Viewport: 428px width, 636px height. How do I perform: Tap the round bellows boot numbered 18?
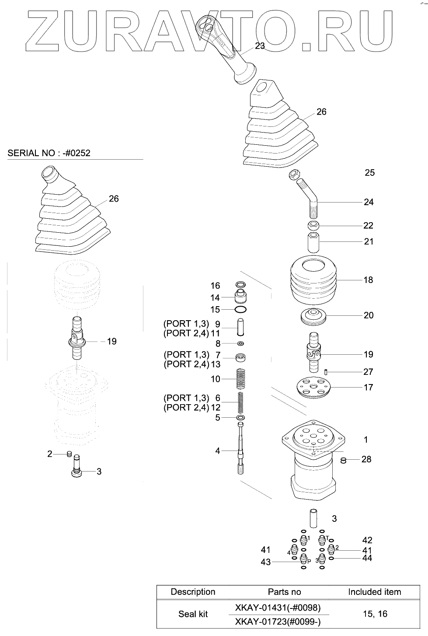313,280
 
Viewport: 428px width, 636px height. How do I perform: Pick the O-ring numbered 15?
240,310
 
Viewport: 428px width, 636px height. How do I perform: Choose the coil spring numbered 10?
240,379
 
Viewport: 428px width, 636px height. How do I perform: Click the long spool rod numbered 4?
240,451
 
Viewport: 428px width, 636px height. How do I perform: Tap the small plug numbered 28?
344,459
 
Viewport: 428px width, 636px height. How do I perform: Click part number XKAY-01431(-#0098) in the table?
278,608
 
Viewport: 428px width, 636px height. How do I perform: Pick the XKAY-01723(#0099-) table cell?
278,621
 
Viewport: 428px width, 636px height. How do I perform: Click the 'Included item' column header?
374,592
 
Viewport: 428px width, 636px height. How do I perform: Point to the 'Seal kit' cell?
193,614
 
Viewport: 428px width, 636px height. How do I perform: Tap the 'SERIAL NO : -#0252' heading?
49,153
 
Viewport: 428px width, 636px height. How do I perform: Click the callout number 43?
266,562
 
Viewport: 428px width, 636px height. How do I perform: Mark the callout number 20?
369,315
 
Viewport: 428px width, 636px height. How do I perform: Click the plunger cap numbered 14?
240,297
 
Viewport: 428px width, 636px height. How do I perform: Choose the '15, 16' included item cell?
375,614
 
